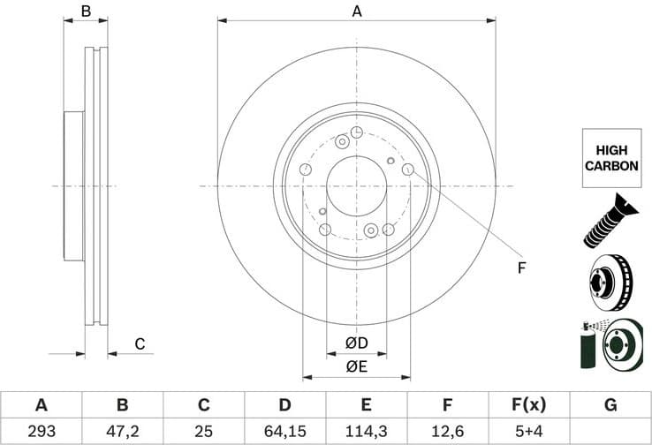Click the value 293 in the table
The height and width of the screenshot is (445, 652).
point(41,432)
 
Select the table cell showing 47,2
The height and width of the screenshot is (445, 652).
point(122,432)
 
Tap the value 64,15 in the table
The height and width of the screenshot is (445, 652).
point(284,432)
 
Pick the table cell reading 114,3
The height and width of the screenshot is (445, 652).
point(366,432)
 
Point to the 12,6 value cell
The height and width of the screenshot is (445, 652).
point(447,432)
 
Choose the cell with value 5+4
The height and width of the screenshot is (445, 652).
point(528,432)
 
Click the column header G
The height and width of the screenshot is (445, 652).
point(610,405)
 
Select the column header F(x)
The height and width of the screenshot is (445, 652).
point(528,405)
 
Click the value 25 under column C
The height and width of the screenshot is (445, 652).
point(203,432)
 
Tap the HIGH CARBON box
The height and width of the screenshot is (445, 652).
point(610,158)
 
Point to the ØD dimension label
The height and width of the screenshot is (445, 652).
point(356,343)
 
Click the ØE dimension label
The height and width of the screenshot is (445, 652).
point(356,366)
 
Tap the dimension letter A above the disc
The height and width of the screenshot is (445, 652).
point(357,11)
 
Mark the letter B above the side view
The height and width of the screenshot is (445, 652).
point(86,11)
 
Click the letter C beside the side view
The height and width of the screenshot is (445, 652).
point(139,343)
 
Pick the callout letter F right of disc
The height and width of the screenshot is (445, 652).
point(521,268)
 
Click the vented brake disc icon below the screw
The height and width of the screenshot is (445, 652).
point(610,282)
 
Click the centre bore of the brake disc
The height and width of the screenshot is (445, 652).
point(357,186)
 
